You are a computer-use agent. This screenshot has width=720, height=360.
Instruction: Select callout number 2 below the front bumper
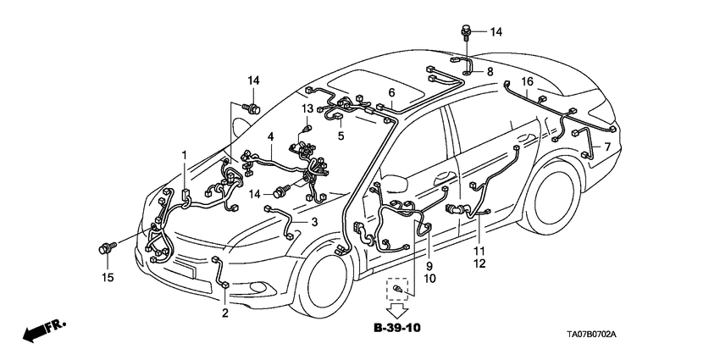[x=225, y=313]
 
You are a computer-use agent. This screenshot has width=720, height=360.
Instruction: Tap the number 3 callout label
[x=314, y=222]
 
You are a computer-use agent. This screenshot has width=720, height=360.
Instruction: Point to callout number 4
[x=270, y=136]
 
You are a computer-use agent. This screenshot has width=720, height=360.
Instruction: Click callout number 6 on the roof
[x=391, y=92]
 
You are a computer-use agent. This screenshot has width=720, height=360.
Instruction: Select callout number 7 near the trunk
[x=606, y=147]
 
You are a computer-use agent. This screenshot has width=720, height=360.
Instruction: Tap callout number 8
[x=489, y=74]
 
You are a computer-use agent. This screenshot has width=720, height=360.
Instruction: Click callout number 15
[x=108, y=277]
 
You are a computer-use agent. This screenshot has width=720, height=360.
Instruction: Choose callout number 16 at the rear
[x=527, y=81]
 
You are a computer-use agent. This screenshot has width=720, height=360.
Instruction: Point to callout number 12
[x=479, y=264]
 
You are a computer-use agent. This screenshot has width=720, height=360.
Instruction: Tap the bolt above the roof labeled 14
[x=465, y=32]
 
